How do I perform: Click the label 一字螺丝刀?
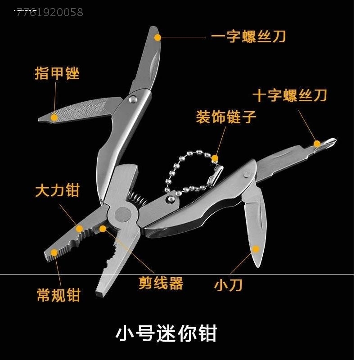point(248,36)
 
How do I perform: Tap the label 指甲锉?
point(57,73)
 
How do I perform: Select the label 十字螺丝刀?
point(289,95)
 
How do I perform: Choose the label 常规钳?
point(58,295)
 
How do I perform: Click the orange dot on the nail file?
point(54,117)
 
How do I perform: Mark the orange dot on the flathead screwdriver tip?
point(157,36)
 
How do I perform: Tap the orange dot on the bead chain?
point(215,158)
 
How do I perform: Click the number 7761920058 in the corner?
point(50,13)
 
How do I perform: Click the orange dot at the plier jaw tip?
point(54,253)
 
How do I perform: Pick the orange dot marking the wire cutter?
point(103,229)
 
